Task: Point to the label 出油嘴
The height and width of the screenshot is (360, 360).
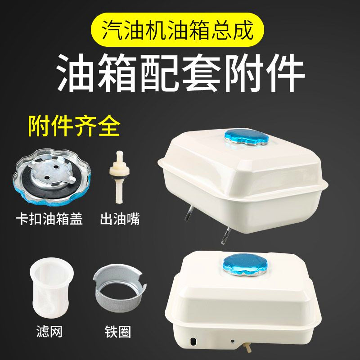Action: coord(119,220)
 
